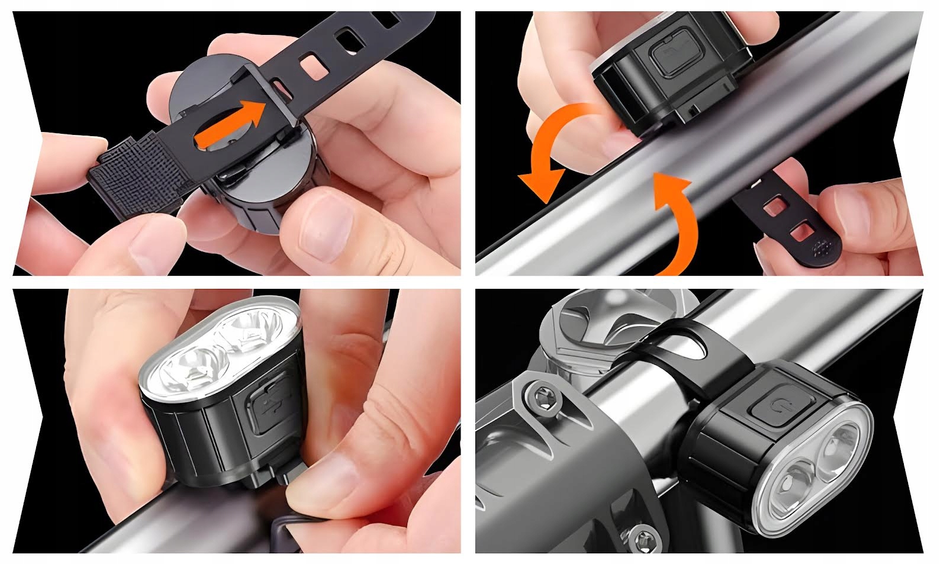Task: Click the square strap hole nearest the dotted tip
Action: click(800, 230)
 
